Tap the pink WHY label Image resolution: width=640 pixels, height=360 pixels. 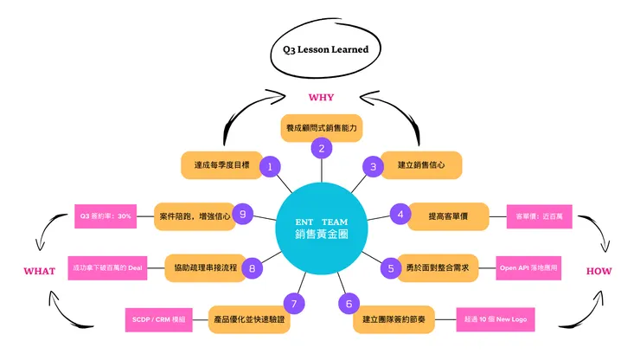pyautogui.click(x=321, y=97)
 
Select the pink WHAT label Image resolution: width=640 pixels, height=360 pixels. pyautogui.click(x=39, y=271)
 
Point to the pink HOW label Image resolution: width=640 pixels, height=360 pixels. pyautogui.click(x=598, y=271)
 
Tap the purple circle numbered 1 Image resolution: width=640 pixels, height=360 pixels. pyautogui.click(x=271, y=165)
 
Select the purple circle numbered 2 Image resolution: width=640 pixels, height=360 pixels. pyautogui.click(x=322, y=148)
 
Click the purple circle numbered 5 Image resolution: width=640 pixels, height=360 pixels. pyautogui.click(x=391, y=268)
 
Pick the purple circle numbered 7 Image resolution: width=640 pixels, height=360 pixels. pyautogui.click(x=295, y=304)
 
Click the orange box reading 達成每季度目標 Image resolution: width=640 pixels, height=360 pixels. pyautogui.click(x=221, y=164)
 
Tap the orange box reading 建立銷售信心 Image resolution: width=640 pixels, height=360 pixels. pyautogui.click(x=421, y=164)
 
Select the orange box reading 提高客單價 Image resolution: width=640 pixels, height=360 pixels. pyautogui.click(x=449, y=215)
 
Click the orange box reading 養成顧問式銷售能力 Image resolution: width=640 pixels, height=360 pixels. pyautogui.click(x=322, y=127)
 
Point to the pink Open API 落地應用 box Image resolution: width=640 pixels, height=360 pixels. pyautogui.click(x=528, y=268)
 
